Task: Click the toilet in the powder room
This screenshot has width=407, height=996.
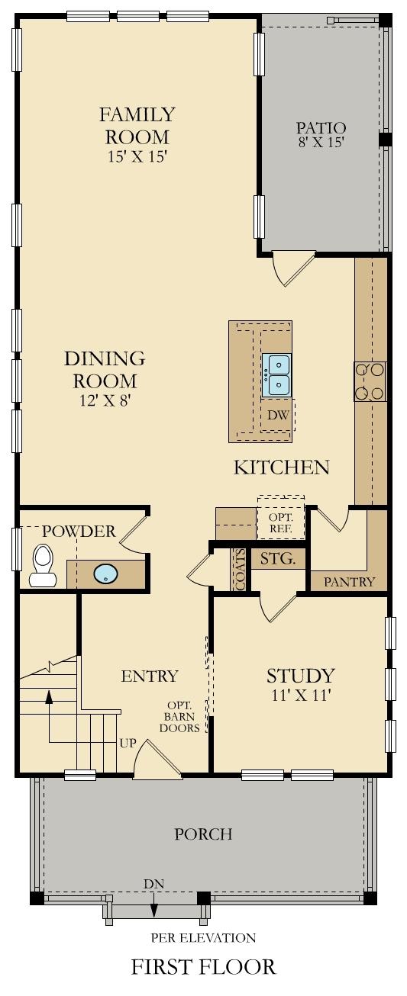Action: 43,567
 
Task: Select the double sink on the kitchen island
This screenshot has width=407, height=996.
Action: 276,375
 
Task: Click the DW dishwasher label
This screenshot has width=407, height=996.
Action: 276,416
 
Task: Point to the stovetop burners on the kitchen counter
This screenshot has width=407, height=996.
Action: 370,381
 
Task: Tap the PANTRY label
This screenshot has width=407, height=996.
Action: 350,582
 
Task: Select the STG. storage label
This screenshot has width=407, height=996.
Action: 278,559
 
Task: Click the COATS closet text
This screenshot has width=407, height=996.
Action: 240,570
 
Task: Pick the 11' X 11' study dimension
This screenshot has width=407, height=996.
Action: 299,696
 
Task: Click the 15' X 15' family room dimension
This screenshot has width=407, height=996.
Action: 137,156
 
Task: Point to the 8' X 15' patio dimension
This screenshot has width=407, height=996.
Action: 321,142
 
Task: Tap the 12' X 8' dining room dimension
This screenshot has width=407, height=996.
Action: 105,400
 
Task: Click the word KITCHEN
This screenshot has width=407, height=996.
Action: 282,467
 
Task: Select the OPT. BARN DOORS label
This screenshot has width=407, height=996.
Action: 184,717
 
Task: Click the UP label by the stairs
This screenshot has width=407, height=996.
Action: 128,743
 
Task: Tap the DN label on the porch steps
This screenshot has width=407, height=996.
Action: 154,884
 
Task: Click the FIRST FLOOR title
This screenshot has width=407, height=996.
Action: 203,968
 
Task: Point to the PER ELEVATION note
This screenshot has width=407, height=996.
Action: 203,937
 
